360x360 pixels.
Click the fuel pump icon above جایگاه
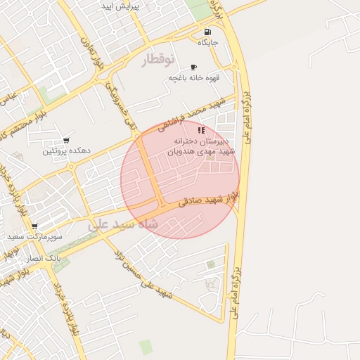click(207, 32)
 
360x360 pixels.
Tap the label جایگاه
click(208, 43)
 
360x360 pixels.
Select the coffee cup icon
click(194, 67)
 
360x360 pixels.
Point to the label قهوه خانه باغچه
click(193, 78)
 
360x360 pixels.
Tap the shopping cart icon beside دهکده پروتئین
click(66, 141)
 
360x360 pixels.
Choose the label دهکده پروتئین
click(66, 150)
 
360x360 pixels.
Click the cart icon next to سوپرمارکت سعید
click(34, 226)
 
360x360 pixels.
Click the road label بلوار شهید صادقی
click(208, 198)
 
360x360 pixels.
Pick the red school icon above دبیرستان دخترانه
click(201, 130)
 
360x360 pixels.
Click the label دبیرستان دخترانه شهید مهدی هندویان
click(205, 146)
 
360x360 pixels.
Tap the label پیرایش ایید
click(140, 6)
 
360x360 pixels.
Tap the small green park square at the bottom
click(146, 347)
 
